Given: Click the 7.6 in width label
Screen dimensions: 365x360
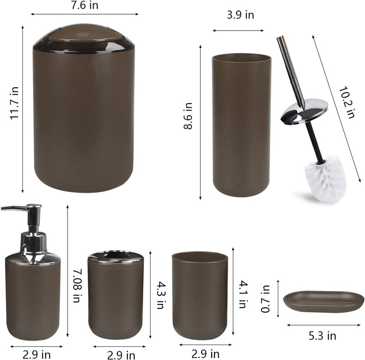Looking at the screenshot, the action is coord(84,5).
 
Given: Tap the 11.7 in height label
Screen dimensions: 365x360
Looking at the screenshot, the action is coord(15,103).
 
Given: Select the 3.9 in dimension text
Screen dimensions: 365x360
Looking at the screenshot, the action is coord(240,15).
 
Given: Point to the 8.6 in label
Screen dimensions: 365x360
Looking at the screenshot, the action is coord(188,116).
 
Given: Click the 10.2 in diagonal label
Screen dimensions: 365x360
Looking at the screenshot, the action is coord(347,103).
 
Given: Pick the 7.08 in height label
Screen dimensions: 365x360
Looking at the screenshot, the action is coord(77,286).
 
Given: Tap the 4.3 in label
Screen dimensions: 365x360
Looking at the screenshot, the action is coord(161,295).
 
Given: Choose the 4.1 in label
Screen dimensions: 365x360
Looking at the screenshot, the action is coord(243,294).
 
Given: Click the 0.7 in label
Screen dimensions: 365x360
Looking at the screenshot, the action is coord(265,299).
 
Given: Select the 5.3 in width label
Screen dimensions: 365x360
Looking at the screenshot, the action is coord(323,336).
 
